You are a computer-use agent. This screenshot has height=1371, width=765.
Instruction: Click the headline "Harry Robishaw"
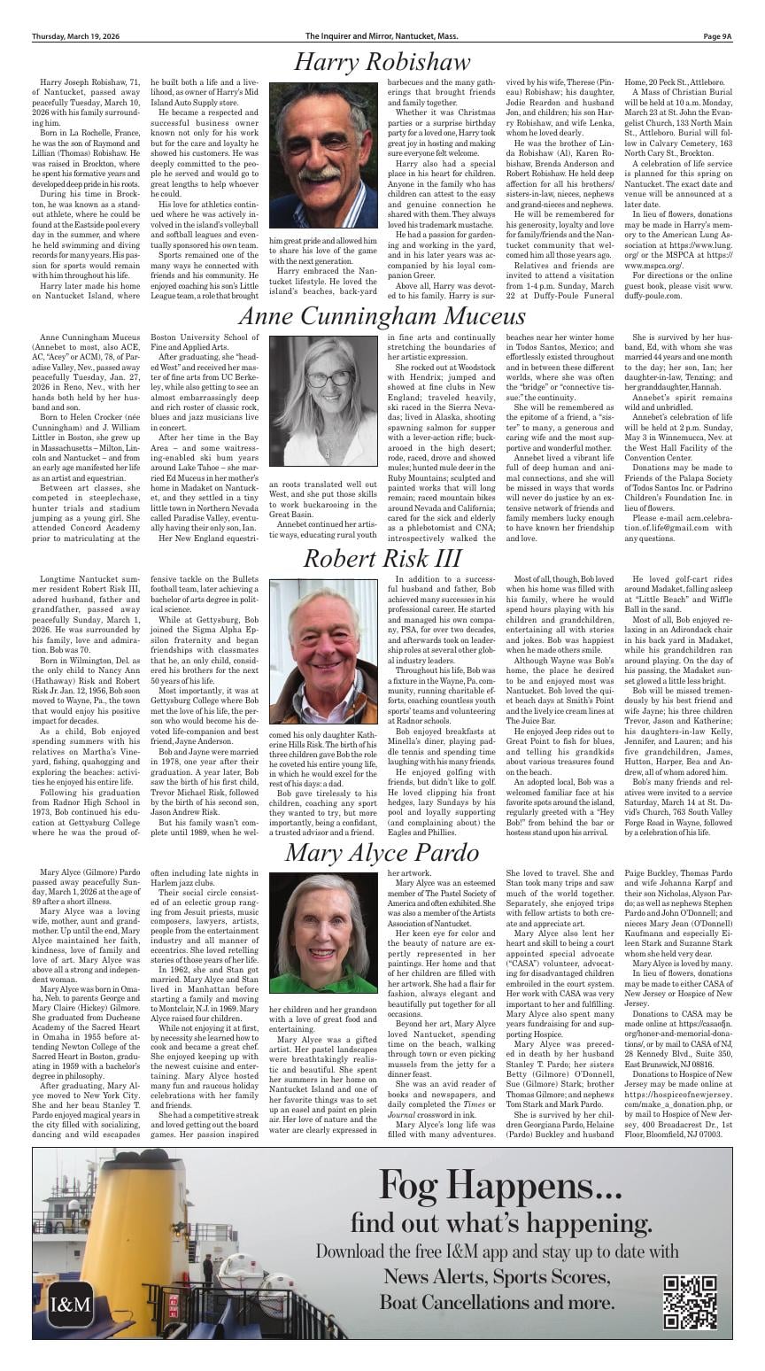(x=382, y=62)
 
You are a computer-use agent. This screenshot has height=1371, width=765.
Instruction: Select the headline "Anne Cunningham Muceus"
(x=382, y=316)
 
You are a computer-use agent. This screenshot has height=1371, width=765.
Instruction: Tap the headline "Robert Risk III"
(x=382, y=558)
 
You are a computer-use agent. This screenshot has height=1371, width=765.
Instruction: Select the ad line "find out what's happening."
(x=496, y=1223)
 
